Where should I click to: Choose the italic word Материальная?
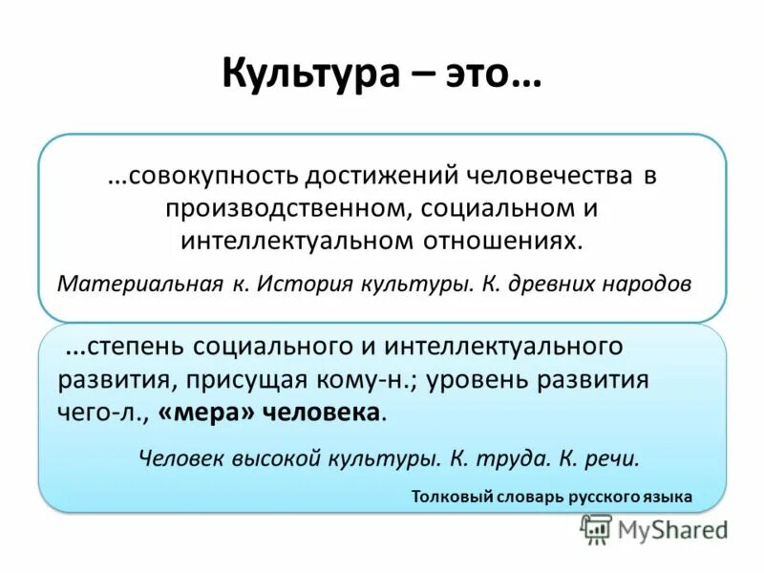tap(126, 285)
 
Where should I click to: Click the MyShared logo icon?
tap(596, 529)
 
